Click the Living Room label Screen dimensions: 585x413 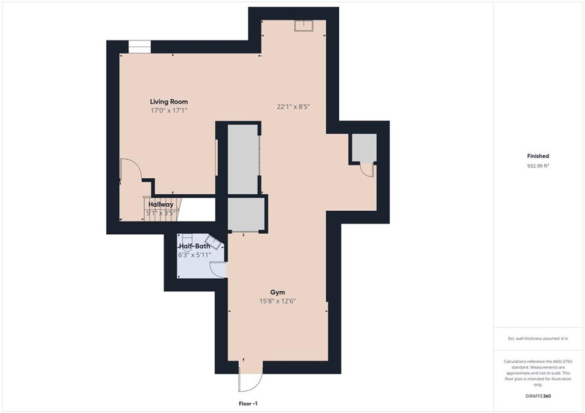(169, 102)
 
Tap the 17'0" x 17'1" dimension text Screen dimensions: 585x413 (169, 110)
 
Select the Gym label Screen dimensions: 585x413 (278, 292)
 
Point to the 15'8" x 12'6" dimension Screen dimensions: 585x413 (278, 301)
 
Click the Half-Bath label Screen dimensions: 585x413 (195, 246)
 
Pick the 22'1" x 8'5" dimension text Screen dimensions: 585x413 (294, 107)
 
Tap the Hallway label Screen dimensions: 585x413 (161, 205)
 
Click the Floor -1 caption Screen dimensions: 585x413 (248, 404)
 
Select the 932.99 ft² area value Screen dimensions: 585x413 (538, 166)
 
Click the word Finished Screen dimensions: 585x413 (538, 156)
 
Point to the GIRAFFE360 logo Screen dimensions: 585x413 (538, 396)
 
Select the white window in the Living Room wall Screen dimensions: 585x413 (140, 47)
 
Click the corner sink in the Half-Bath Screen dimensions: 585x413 (215, 243)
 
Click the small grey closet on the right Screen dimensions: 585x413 (364, 148)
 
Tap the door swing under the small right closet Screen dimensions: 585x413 (367, 170)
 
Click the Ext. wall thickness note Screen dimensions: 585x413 (538, 339)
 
